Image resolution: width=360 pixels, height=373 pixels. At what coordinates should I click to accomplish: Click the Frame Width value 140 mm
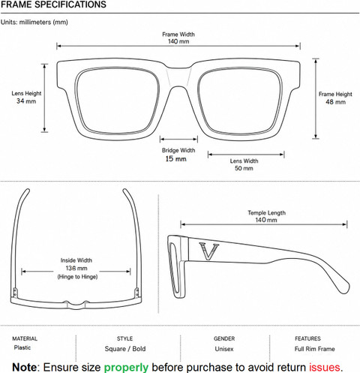tap(178, 41)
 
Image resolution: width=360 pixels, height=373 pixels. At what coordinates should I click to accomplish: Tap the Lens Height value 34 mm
tap(26, 101)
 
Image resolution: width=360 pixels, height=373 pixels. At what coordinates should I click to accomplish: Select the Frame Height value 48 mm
tap(335, 102)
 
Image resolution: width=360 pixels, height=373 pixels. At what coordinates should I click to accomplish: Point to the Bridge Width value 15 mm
tap(175, 158)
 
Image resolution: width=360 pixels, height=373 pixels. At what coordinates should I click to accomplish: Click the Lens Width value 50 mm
tap(244, 168)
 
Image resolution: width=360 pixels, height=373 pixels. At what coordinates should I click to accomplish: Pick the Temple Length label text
tap(266, 213)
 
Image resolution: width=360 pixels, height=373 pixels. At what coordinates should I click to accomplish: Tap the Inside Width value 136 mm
tap(76, 268)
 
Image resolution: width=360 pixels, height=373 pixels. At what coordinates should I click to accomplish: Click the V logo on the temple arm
tap(209, 251)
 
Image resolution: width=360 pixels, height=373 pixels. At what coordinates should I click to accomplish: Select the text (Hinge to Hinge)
tap(77, 277)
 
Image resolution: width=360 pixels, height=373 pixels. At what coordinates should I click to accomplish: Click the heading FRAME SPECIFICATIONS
tap(53, 5)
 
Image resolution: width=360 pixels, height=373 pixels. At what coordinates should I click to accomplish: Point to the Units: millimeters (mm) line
tap(34, 23)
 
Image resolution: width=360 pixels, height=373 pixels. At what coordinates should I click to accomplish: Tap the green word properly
tap(126, 367)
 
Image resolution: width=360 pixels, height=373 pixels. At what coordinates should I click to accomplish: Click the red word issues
tap(325, 367)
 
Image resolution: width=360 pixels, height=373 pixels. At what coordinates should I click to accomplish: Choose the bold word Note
tap(25, 367)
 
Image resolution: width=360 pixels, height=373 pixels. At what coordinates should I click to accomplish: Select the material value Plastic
tap(22, 347)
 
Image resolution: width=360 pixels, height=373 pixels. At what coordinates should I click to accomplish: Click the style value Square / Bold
tap(125, 349)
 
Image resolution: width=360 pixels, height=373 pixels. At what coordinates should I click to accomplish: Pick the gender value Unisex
tap(224, 349)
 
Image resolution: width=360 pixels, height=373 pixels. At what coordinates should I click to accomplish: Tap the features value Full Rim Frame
tap(314, 349)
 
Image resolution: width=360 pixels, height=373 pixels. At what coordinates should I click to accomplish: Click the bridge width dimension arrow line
tap(178, 139)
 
